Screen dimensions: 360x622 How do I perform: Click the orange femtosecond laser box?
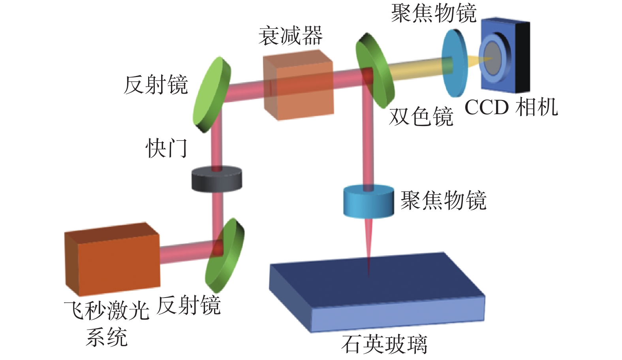coord(113,259)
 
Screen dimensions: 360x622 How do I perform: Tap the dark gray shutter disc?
coord(216,180)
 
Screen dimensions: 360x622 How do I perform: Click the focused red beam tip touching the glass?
coord(369,271)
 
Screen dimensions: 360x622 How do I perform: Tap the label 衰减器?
coord(291,36)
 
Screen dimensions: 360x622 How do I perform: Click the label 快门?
coord(166,149)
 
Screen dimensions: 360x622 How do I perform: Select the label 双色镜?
coord(421,117)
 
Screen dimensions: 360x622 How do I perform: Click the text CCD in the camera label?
coord(487,107)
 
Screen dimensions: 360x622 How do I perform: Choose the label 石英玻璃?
coord(384,344)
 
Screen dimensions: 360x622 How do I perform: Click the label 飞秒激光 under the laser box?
coord(107,311)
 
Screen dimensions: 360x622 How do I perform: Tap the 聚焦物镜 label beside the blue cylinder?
coord(443,200)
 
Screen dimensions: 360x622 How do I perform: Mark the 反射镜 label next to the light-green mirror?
coord(156,85)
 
